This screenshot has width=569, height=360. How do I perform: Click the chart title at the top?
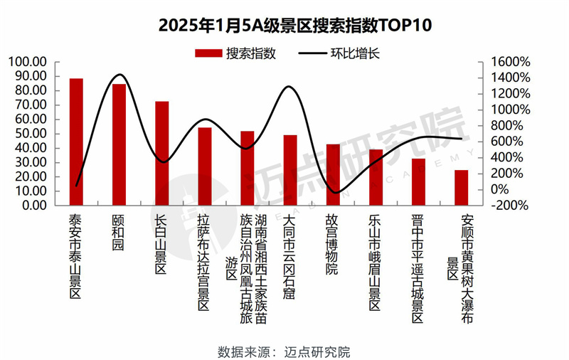click(284, 26)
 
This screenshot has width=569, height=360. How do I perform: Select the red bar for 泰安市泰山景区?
click(76, 142)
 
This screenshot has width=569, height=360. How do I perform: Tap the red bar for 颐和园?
click(119, 144)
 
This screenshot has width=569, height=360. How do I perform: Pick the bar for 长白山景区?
click(162, 153)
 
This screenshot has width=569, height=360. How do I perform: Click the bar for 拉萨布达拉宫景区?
click(205, 166)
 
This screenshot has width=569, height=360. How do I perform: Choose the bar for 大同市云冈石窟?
click(290, 170)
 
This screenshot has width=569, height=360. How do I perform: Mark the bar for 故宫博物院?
click(333, 174)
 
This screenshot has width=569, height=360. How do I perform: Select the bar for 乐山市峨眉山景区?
click(376, 177)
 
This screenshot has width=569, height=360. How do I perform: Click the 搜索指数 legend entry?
click(235, 53)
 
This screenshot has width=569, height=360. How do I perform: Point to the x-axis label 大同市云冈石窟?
click(289, 255)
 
